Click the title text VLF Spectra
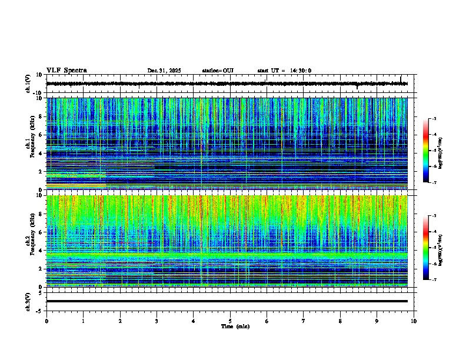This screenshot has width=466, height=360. point(66,71)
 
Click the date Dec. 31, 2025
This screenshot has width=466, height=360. point(164,71)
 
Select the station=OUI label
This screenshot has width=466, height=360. point(218,71)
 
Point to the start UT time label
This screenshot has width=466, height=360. point(284,71)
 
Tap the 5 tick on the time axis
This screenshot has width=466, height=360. point(230,321)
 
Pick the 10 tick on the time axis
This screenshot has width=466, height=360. point(414,321)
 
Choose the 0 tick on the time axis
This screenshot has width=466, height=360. point(46,321)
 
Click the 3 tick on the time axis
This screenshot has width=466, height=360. point(157,321)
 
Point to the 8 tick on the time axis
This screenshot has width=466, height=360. point(340,321)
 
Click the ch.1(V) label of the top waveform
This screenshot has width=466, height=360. point(28,84)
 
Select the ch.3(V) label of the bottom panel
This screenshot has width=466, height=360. point(28,301)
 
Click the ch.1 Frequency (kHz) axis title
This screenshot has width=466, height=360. point(29,144)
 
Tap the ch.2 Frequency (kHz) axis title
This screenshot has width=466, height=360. point(29,241)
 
